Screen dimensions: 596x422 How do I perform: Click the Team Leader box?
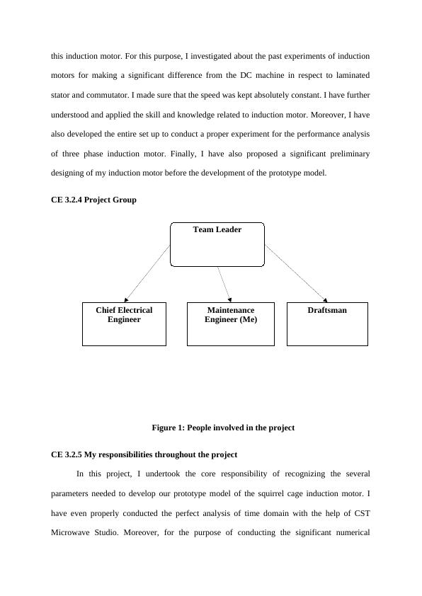pos(217,244)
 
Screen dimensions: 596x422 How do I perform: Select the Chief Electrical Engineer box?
pos(124,324)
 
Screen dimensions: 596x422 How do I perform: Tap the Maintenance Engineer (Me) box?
pos(230,324)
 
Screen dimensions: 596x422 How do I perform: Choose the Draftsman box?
pos(327,324)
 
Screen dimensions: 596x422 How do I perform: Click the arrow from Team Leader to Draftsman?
pos(296,273)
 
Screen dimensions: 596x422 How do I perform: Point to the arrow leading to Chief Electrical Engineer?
pos(147,273)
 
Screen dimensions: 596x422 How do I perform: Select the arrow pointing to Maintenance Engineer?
pos(224,284)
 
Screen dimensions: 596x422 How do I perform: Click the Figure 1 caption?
pos(223,428)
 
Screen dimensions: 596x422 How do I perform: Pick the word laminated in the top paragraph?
pos(347,75)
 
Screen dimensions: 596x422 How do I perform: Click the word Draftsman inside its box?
pos(327,310)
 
